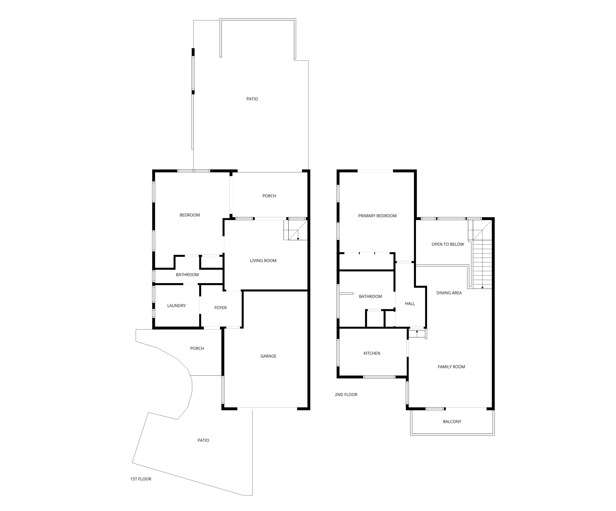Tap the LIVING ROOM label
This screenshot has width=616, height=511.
[x=263, y=261]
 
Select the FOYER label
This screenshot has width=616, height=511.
[x=221, y=308]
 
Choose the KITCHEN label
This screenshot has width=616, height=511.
[x=372, y=353]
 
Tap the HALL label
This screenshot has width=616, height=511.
[x=410, y=304]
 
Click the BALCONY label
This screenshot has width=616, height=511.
[x=452, y=422]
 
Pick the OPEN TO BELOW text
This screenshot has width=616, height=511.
[x=448, y=244]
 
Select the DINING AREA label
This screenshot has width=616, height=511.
[x=449, y=293]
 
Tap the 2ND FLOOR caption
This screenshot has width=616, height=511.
[x=346, y=395]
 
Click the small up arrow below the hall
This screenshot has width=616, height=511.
[x=417, y=333]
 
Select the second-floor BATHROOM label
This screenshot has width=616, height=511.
[x=370, y=296]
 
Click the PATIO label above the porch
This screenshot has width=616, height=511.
[x=252, y=99]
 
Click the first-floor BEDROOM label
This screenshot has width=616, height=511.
[x=190, y=215]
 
